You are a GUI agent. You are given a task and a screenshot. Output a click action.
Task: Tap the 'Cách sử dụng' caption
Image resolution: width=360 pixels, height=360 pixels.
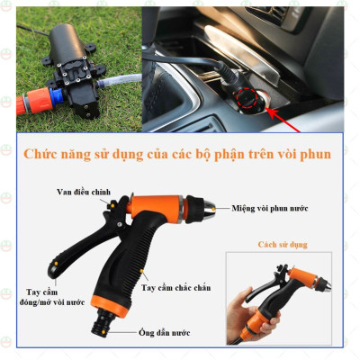click(282, 244)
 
